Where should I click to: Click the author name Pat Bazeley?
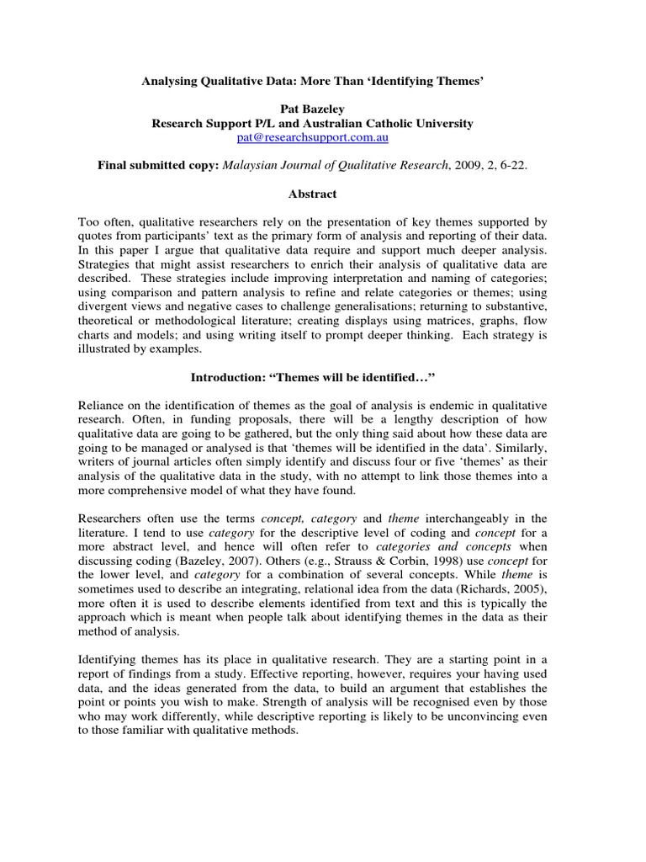(312, 109)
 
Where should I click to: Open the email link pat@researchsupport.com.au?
(312, 137)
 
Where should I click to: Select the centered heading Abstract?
(312, 194)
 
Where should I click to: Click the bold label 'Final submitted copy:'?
(158, 166)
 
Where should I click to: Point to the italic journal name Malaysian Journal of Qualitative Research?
(333, 166)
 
